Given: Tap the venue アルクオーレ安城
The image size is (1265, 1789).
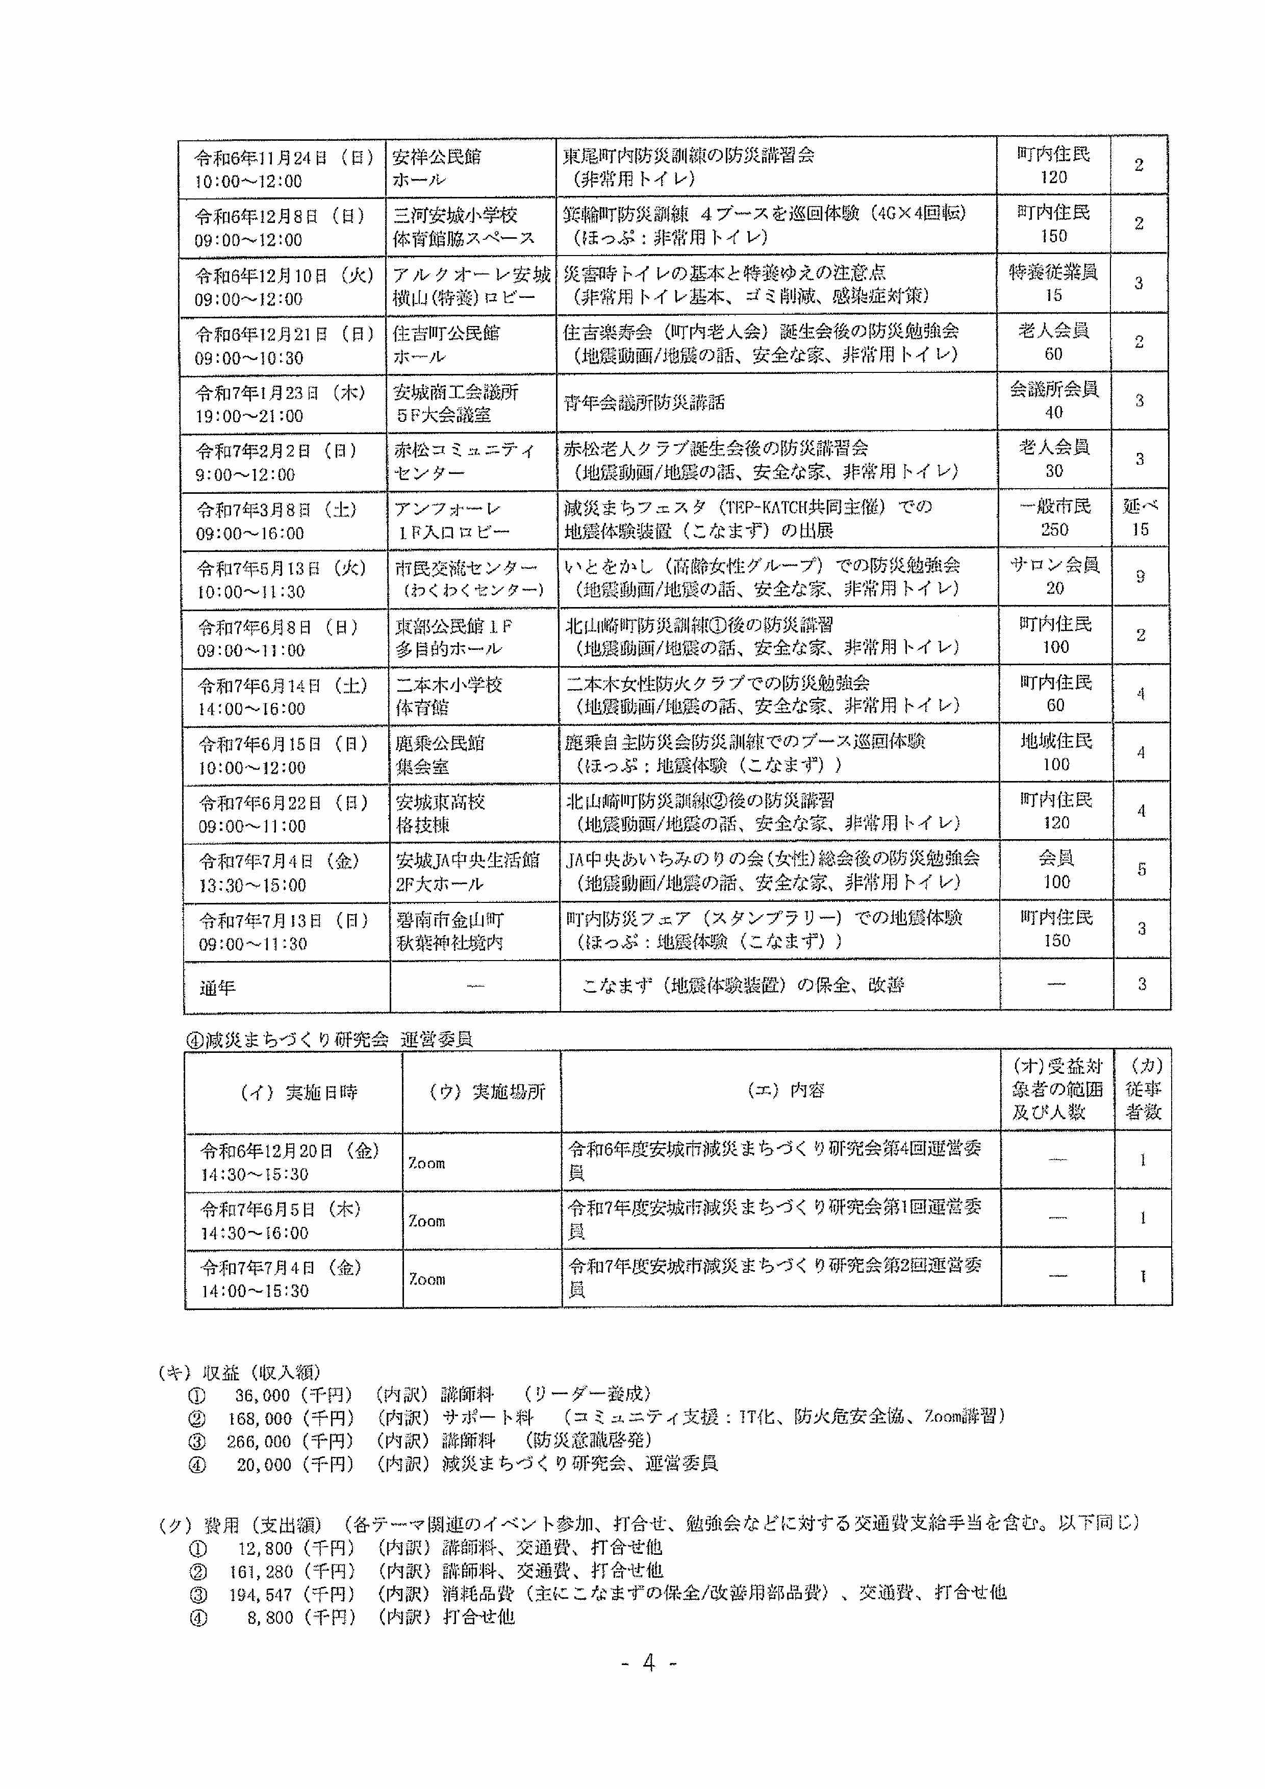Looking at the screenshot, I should (471, 274).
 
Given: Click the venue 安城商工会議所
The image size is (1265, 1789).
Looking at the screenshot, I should (456, 391).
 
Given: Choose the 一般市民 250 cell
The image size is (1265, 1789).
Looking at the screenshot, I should (1055, 518).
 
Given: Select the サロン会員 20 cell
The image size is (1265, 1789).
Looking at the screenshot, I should (1055, 576).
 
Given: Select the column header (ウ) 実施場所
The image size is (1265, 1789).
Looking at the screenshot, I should (487, 1092).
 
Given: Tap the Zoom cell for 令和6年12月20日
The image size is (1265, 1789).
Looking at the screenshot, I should (427, 1163).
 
